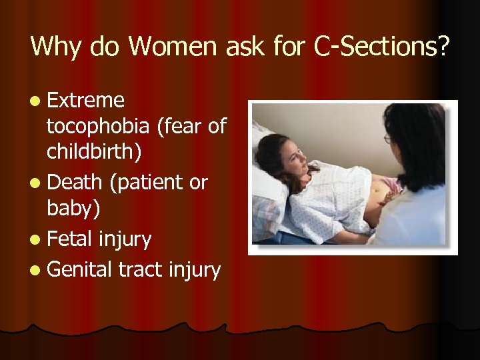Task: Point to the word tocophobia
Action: click(x=97, y=126)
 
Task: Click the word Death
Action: click(x=75, y=181)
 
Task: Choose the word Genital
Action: click(x=80, y=269)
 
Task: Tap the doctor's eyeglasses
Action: click(x=388, y=139)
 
